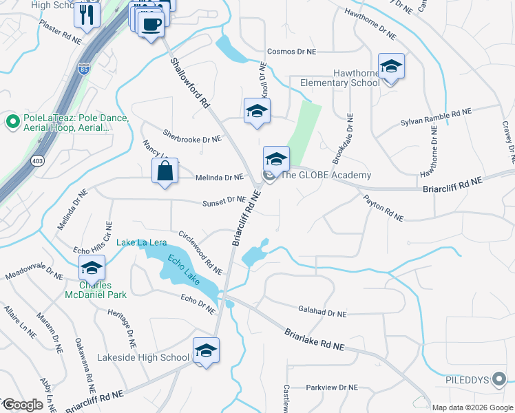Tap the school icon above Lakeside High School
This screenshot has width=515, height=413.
206,351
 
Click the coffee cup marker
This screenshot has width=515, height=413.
151,24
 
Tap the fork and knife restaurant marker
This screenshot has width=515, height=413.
87,14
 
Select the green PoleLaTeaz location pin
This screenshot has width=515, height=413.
12,123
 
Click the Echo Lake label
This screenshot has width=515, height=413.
182,268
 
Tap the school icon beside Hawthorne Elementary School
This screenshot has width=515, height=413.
391,67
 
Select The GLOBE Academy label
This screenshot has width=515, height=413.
326,175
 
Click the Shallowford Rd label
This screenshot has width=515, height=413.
189,83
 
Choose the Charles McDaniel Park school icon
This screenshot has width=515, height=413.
92,268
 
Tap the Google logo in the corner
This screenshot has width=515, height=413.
23,405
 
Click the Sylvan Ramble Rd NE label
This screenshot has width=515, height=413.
436,117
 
